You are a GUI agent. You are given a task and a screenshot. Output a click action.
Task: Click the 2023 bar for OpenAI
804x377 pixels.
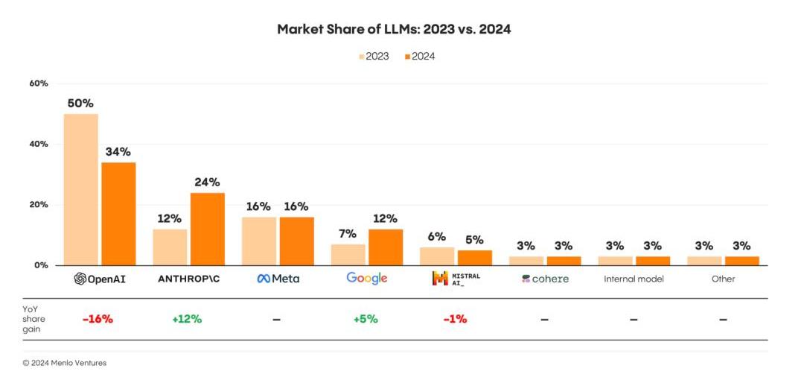pos(80,189)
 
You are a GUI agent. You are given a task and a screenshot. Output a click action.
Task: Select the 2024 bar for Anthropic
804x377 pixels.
pos(207,229)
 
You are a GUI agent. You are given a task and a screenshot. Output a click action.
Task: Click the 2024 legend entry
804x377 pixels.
pos(419,56)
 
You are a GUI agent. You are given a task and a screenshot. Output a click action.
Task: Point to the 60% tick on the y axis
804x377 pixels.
pos(39,83)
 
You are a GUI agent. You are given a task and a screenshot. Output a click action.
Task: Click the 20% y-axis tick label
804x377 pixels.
pos(39,205)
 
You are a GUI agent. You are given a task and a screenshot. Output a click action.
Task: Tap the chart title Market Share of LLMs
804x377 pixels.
pos(394,29)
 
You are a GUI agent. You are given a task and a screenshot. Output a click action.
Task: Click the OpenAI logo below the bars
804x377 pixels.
pos(100,279)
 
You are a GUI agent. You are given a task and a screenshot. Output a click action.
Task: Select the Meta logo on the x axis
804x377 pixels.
pos(278,279)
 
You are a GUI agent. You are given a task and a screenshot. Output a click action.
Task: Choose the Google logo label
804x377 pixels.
pos(367,278)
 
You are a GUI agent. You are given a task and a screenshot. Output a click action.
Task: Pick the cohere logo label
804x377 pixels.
pos(545,279)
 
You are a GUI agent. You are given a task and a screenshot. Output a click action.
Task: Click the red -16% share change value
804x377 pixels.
pos(98,319)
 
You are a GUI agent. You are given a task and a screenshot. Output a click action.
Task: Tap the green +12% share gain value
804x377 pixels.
pos(187,319)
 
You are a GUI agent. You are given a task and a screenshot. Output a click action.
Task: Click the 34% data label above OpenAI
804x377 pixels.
pos(118,152)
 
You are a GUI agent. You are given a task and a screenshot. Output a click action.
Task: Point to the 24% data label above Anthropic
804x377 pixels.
pos(207,182)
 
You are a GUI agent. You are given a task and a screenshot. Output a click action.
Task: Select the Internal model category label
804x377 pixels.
pos(634,279)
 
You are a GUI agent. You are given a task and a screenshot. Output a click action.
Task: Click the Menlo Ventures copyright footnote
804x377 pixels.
pos(65,363)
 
